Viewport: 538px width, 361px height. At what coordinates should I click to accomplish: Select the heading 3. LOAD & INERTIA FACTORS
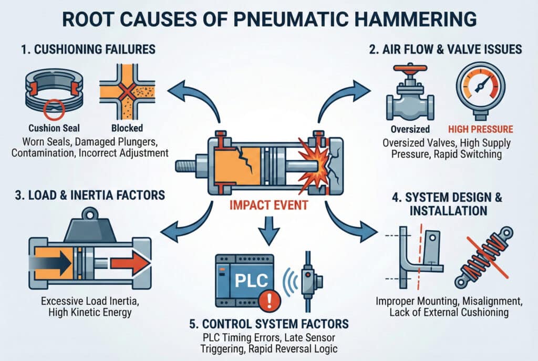click(87, 195)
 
